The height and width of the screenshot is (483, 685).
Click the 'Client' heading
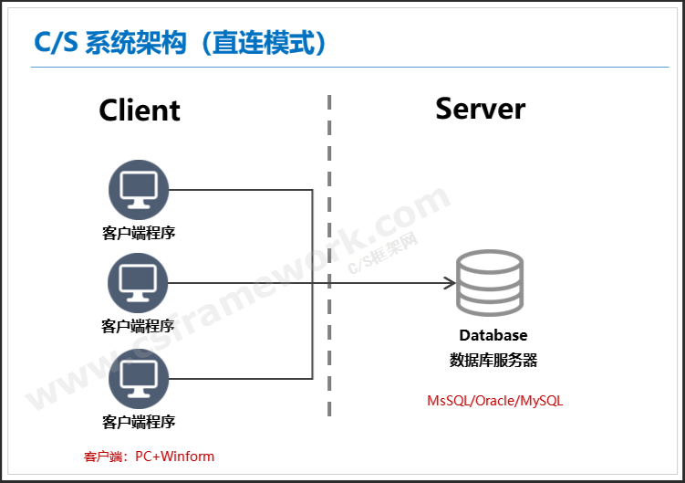click(x=140, y=110)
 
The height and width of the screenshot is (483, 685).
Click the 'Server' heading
click(x=480, y=108)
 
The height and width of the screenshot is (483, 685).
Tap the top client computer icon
click(x=139, y=190)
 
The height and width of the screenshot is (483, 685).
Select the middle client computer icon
click(x=139, y=283)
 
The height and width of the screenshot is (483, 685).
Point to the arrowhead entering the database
click(x=449, y=283)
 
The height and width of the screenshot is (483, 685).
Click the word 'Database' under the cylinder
click(x=493, y=335)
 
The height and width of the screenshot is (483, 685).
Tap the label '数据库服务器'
click(x=493, y=360)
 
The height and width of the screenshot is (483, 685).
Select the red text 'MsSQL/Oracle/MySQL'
click(x=495, y=401)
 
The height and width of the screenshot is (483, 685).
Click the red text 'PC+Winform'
click(x=174, y=456)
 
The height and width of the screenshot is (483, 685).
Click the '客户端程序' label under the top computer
click(x=139, y=233)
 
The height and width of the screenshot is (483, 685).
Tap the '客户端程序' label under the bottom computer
click(x=139, y=421)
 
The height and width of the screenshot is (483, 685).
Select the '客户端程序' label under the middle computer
click(x=139, y=325)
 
